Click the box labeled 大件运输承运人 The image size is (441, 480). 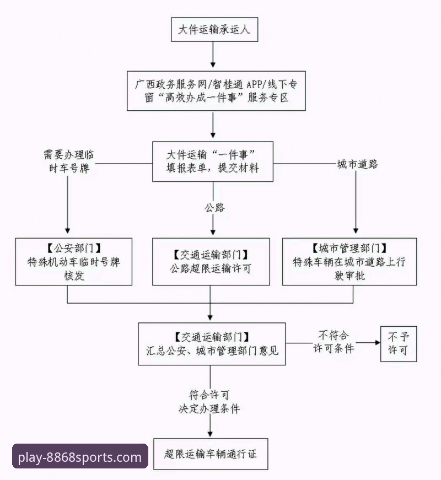[x=213, y=29]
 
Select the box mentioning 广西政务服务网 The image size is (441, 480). [x=217, y=91]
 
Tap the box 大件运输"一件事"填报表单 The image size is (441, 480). [x=213, y=161]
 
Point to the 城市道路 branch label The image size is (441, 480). [x=357, y=165]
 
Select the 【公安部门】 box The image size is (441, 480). [x=73, y=261]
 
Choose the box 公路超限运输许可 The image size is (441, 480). [x=211, y=261]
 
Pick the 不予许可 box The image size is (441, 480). [x=397, y=343]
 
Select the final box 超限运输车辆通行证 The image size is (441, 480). [x=212, y=455]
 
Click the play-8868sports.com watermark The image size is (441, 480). [x=80, y=457]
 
